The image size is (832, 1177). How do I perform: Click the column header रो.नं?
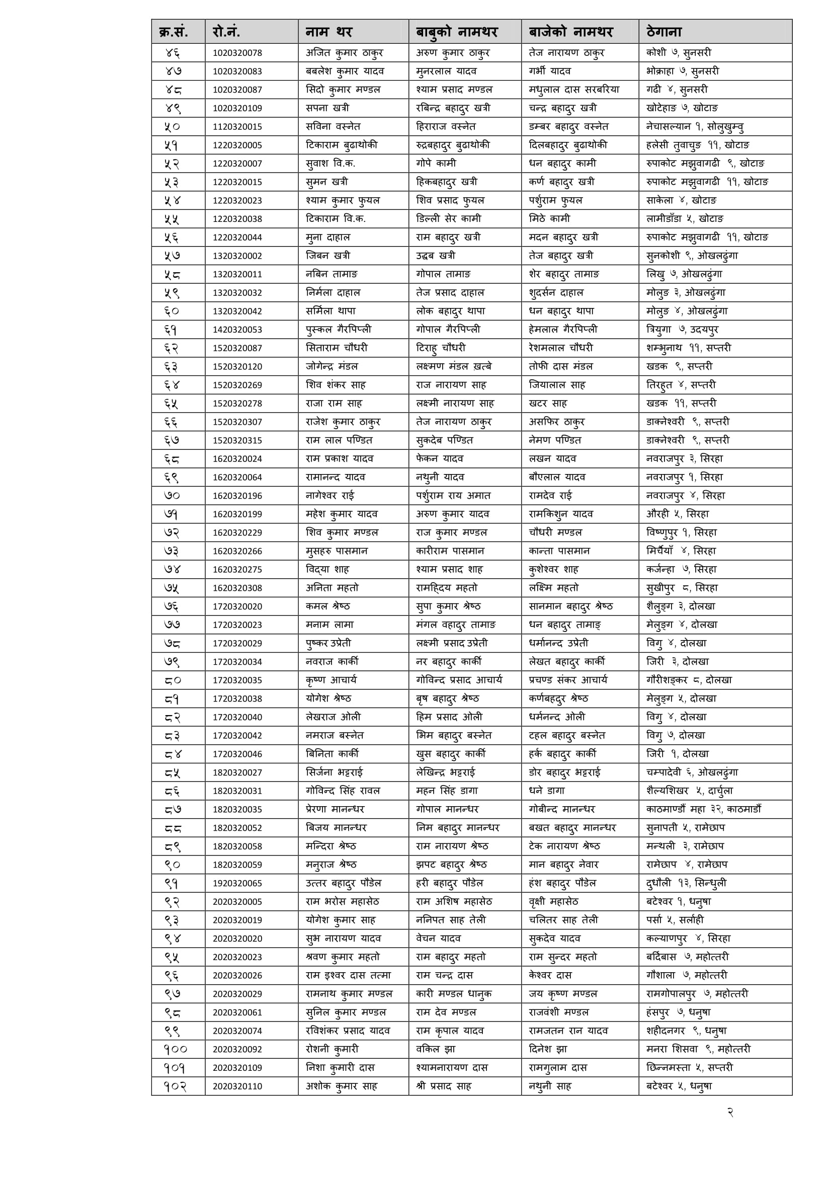tap(226, 32)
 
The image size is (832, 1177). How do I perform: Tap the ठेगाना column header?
tap(664, 32)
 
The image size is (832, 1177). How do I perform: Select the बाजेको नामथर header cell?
tap(571, 32)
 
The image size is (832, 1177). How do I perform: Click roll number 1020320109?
tap(237, 108)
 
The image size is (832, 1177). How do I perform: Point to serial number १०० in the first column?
tap(175, 1049)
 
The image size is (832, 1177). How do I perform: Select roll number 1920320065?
tap(237, 883)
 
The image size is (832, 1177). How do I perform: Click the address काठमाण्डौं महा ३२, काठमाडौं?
tap(703, 810)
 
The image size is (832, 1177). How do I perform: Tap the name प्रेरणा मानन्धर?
tap(335, 810)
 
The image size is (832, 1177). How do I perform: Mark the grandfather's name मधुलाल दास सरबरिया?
tap(574, 90)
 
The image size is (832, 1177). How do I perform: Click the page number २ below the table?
tap(730, 1113)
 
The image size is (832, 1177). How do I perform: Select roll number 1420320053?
tap(237, 330)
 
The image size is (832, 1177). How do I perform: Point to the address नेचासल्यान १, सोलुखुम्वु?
tap(695, 127)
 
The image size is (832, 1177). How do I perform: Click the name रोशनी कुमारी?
tap(332, 1049)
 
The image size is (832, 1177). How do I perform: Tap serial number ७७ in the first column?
tap(172, 625)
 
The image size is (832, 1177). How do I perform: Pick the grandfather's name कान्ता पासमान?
tap(559, 551)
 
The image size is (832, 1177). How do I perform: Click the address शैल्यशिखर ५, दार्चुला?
tap(690, 791)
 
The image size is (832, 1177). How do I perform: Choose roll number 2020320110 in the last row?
tap(237, 1086)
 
